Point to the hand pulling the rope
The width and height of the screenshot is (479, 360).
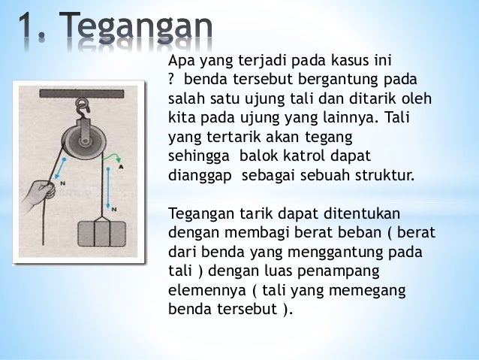click(x=35, y=193)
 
